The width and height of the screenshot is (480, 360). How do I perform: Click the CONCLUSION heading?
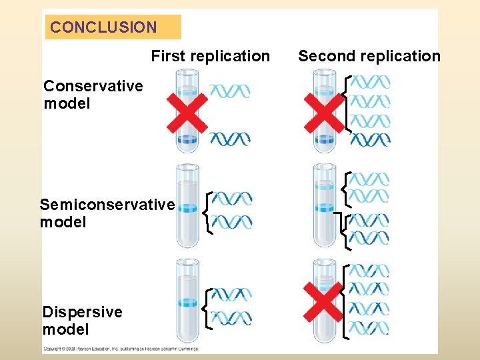click(103, 27)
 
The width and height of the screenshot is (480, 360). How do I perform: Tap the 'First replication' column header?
click(210, 56)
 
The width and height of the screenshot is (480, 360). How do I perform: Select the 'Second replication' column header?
click(369, 56)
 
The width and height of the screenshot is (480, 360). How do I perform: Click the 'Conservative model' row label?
click(93, 95)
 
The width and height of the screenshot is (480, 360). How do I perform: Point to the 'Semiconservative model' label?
click(107, 213)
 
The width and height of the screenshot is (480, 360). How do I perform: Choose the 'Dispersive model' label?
click(82, 320)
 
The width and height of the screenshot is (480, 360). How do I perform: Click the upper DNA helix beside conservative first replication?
click(230, 91)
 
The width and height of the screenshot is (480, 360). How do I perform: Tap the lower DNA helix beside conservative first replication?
click(230, 139)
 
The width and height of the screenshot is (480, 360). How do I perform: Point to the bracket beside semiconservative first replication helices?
click(208, 212)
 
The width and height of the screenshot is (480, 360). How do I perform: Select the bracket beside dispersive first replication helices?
click(208, 308)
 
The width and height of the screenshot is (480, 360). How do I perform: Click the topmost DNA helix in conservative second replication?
click(370, 82)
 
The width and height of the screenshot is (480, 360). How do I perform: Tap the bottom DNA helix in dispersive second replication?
click(369, 328)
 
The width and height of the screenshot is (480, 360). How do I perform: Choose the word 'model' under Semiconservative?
click(63, 221)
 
